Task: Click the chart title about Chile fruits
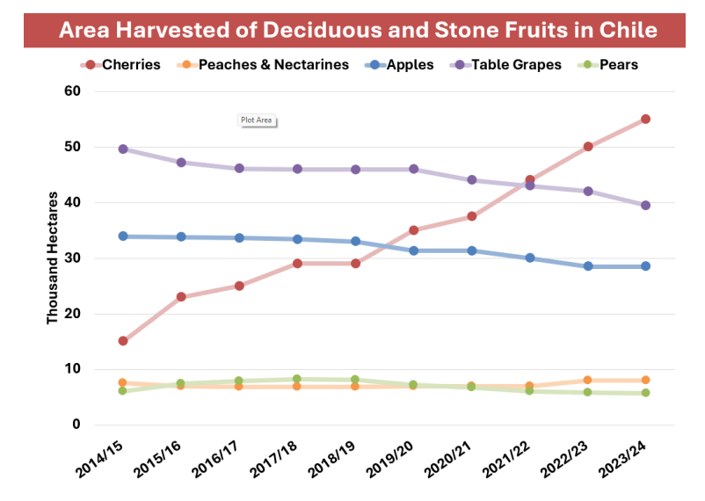point(357,30)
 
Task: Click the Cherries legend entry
point(130,64)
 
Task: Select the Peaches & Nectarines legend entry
point(273,64)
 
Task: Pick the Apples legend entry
point(410,64)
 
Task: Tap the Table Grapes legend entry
point(515,64)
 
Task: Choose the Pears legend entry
point(619,64)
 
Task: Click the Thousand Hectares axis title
point(53,259)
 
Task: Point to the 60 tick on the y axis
point(72,91)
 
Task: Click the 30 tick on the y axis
point(72,258)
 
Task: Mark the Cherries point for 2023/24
point(645,119)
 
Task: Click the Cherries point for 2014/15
point(122,341)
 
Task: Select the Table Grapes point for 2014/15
point(122,149)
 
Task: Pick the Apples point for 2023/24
point(645,266)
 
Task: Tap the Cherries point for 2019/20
point(413,230)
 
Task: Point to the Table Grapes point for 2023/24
point(645,205)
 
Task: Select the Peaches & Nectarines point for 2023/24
point(645,380)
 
